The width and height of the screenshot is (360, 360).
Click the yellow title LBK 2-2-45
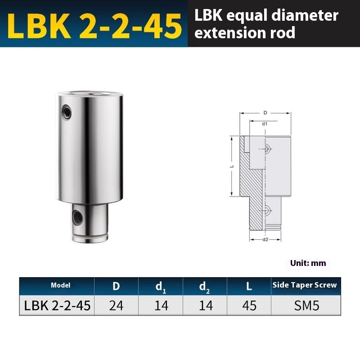tap(94, 25)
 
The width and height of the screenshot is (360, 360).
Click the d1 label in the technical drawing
tap(265, 123)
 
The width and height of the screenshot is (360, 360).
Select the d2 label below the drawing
tap(265, 239)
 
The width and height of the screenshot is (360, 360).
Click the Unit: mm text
tap(308, 263)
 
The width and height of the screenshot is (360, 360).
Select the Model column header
tap(61, 285)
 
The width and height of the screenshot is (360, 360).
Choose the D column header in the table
tap(116, 286)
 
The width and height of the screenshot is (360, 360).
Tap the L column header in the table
tap(249, 286)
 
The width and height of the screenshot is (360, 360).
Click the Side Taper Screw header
tap(304, 285)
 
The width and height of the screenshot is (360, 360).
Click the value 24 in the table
tap(116, 306)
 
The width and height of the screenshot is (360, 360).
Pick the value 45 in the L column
tap(249, 306)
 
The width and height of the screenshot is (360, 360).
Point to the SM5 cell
tap(304, 306)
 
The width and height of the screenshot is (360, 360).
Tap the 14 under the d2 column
tap(205, 306)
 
